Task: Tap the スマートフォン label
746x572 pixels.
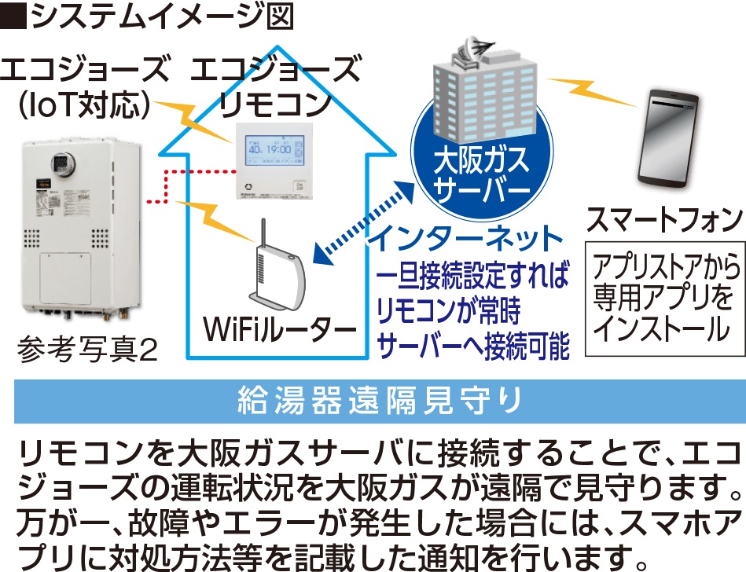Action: click(x=664, y=219)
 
